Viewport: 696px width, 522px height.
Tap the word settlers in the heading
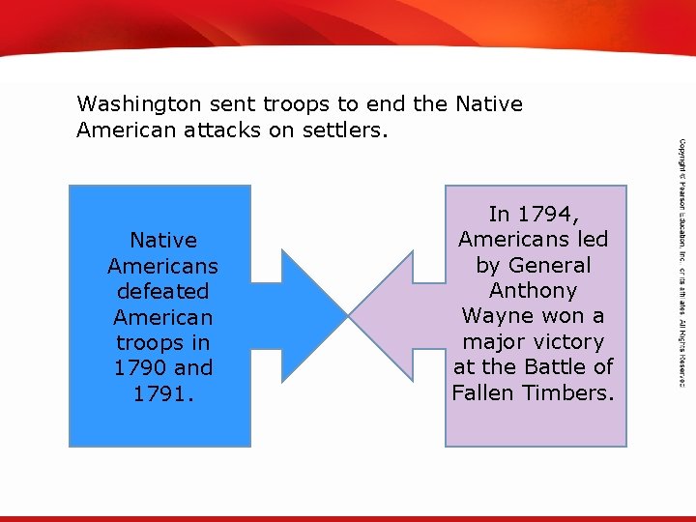[346, 130]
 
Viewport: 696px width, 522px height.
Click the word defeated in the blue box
[162, 291]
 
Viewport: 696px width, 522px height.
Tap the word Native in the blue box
[162, 241]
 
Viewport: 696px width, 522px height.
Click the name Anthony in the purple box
[533, 291]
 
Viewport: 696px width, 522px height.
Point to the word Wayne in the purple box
[495, 316]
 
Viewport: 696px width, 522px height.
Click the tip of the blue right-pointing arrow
[345, 315]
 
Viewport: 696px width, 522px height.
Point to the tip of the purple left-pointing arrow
[351, 315]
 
